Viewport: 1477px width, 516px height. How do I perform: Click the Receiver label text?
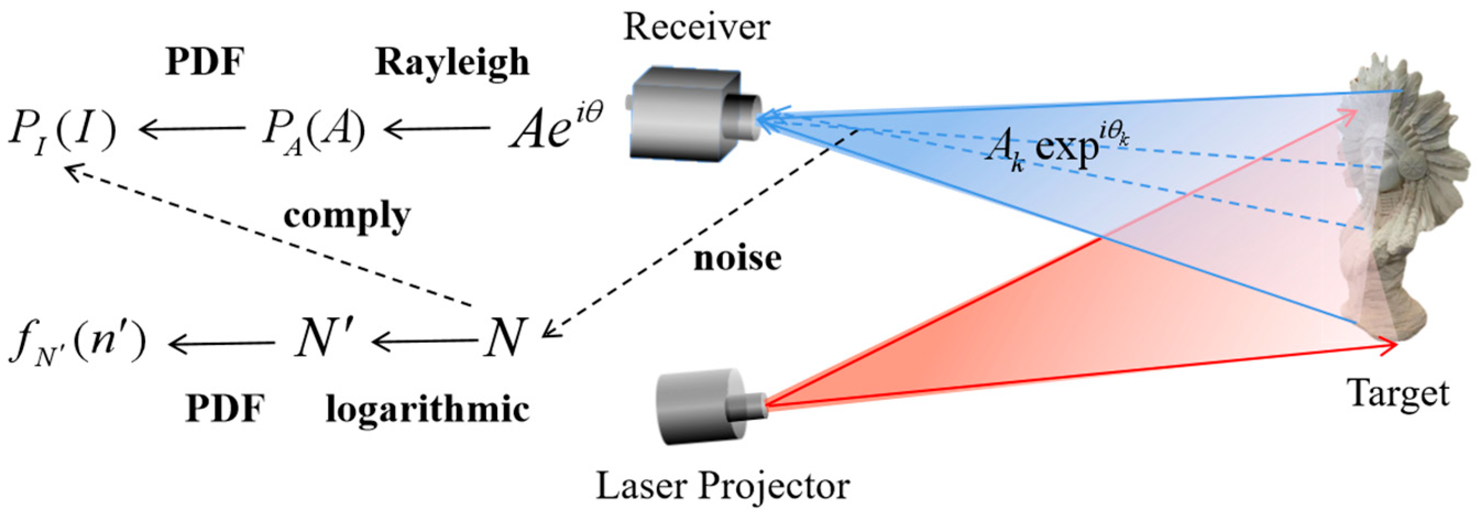[696, 28]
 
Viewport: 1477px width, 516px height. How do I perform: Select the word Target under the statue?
[1399, 394]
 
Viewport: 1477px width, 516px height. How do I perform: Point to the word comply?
[347, 217]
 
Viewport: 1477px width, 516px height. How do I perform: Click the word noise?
[737, 259]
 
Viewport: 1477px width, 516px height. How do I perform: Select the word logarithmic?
[428, 410]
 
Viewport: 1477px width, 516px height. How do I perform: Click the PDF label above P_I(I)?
[205, 62]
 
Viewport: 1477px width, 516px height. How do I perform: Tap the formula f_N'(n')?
[78, 344]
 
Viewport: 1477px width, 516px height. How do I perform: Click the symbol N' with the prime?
[321, 339]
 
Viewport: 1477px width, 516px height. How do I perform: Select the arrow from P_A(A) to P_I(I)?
[192, 129]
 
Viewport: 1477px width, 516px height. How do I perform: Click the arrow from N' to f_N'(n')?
[221, 343]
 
